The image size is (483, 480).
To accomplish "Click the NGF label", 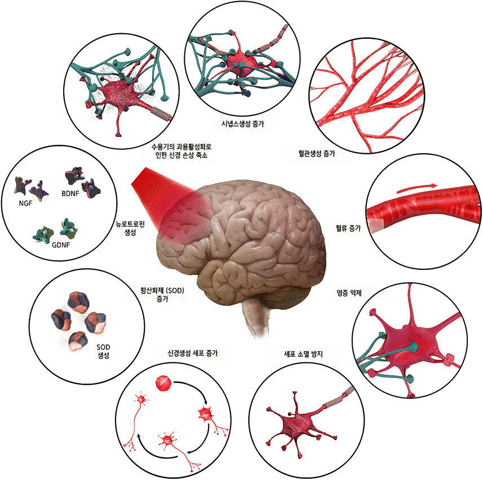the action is point(25,203).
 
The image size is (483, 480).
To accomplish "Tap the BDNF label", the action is point(70,194).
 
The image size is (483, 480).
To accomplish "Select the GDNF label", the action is point(61,245).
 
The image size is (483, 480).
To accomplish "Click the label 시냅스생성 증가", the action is point(243,124).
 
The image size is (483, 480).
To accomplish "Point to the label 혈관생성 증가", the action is point(316,153).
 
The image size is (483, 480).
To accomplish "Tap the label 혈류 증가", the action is point(348,228).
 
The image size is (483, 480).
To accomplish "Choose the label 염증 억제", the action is point(349,293).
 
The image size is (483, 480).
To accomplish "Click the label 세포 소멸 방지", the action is point(303,354).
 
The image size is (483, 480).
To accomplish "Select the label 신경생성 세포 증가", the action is point(193,353).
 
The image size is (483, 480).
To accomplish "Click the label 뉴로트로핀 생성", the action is point(130,228).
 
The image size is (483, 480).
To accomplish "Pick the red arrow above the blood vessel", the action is point(417,188).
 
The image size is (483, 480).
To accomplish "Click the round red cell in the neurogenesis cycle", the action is point(163,383).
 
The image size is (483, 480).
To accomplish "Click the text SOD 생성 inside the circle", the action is point(103,352).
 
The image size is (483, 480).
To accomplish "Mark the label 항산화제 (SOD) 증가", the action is point(162,294).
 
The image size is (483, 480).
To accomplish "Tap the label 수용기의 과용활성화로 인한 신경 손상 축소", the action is point(181,151).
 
